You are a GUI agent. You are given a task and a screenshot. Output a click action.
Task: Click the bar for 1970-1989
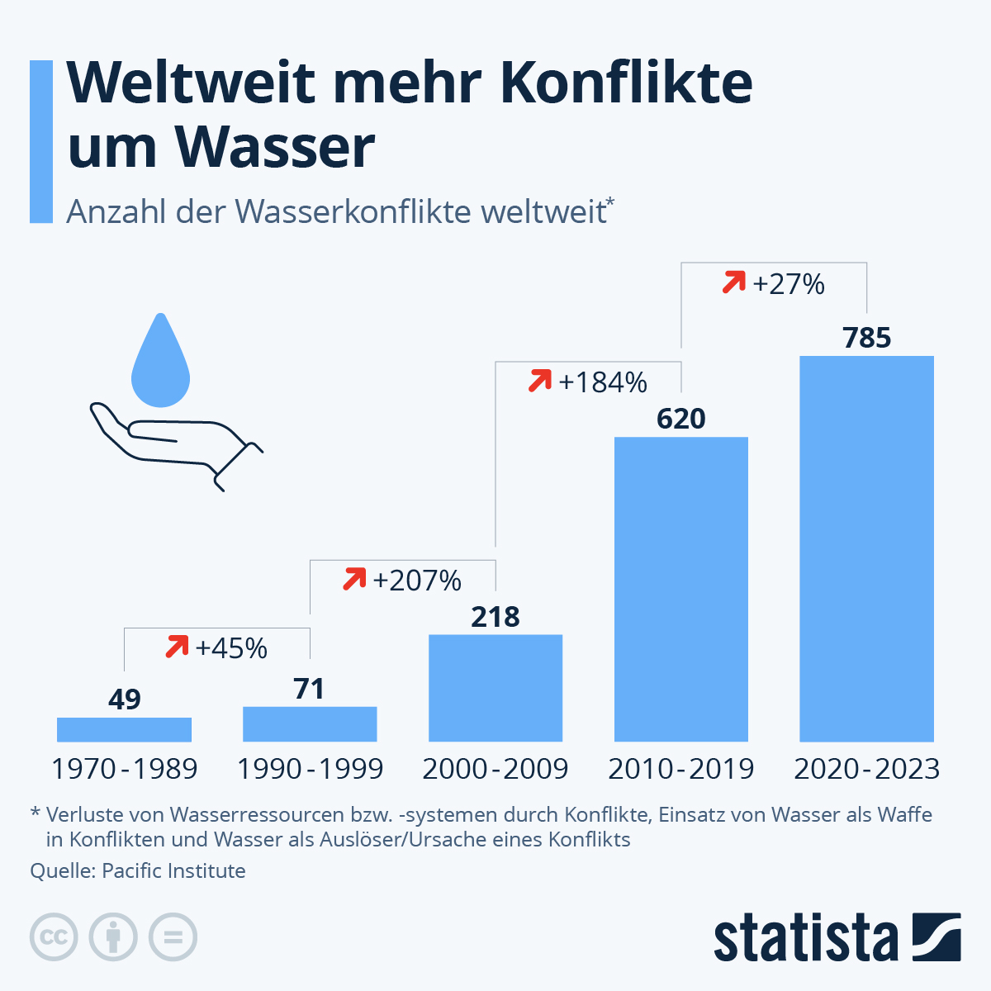pyautogui.click(x=124, y=729)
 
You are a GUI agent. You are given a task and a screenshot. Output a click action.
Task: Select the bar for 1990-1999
pyautogui.click(x=310, y=724)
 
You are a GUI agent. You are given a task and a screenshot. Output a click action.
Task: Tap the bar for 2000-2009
pyautogui.click(x=495, y=688)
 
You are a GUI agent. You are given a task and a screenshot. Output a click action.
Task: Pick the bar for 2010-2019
pyautogui.click(x=681, y=589)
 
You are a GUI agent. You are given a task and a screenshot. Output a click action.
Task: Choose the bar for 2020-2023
pyautogui.click(x=867, y=548)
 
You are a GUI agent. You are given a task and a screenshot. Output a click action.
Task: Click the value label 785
pyautogui.click(x=867, y=338)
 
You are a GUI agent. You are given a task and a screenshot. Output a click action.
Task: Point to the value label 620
pyautogui.click(x=681, y=419)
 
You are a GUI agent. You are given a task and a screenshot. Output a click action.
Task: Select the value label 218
pyautogui.click(x=495, y=617)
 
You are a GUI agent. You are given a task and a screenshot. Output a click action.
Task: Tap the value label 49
pyautogui.click(x=125, y=699)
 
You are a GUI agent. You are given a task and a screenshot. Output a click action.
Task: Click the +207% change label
pyautogui.click(x=417, y=581)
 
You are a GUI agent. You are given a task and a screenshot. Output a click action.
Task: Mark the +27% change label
pyautogui.click(x=789, y=284)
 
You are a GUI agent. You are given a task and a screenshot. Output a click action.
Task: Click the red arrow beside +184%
pyautogui.click(x=539, y=382)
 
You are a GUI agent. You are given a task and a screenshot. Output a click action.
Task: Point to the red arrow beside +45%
pyautogui.click(x=177, y=647)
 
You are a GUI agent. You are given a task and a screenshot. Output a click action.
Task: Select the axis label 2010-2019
pyautogui.click(x=681, y=769)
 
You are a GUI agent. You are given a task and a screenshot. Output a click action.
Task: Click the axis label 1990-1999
pyautogui.click(x=310, y=769)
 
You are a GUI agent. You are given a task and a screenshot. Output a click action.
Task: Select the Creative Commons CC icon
pyautogui.click(x=54, y=937)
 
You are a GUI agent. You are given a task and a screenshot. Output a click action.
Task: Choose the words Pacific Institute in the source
pyautogui.click(x=173, y=871)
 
